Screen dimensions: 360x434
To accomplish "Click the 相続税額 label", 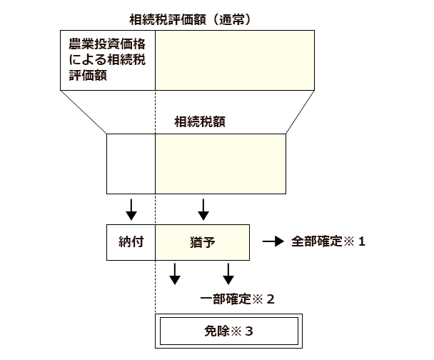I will [x=201, y=121].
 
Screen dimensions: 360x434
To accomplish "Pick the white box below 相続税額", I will [x=131, y=164].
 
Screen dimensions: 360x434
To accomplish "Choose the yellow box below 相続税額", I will [x=220, y=164].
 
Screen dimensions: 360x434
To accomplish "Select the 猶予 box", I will [x=203, y=242].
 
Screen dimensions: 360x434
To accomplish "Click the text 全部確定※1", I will [x=328, y=241].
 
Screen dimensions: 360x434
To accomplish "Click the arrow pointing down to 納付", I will [x=131, y=209].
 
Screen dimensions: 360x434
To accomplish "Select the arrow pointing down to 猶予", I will [x=203, y=209].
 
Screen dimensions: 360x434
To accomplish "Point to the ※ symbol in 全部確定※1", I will [x=350, y=241].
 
